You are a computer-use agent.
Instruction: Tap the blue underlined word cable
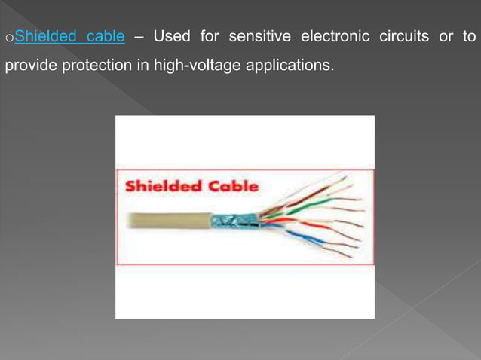106,36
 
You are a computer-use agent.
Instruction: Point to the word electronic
333,36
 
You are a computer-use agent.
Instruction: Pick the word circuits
400,36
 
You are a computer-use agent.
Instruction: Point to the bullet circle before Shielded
8,38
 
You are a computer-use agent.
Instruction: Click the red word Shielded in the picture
158,186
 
